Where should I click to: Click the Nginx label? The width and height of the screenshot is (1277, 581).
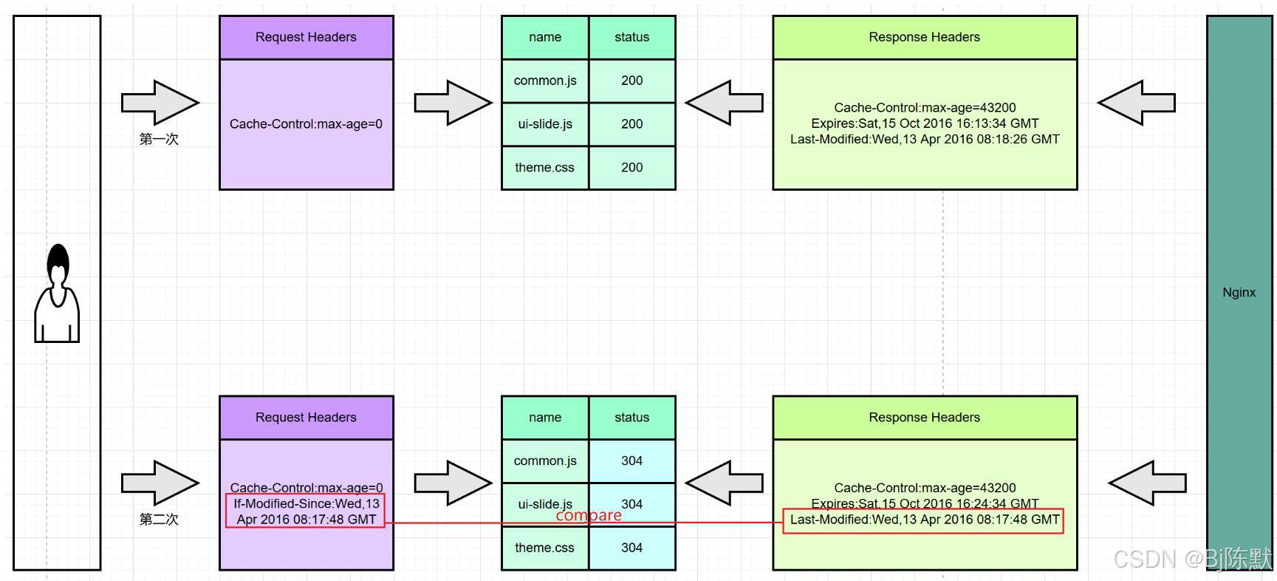point(1239,292)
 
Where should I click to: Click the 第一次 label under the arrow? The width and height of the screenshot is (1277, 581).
point(159,139)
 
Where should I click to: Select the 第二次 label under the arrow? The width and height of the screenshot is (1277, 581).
point(159,519)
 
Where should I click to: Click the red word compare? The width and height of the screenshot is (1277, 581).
point(589,515)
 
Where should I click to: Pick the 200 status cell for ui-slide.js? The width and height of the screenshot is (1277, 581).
point(631,124)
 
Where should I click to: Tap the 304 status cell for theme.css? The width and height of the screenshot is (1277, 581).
point(631,548)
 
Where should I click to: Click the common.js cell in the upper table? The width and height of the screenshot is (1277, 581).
point(545,81)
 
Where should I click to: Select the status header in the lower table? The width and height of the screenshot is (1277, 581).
point(631,417)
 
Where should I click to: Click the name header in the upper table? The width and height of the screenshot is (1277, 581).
point(545,37)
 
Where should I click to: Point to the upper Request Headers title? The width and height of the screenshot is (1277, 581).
point(306,37)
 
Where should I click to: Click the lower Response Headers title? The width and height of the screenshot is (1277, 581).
point(924,417)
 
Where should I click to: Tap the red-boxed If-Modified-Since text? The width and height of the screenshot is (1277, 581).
point(306,511)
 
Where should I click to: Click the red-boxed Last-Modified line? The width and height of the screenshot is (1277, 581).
point(924,520)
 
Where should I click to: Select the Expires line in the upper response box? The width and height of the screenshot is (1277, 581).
point(924,123)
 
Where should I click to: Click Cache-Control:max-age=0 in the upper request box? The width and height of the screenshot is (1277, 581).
point(306,124)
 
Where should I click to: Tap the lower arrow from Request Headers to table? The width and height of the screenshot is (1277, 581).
point(453,483)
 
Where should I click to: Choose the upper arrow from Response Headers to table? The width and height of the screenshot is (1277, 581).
point(725,103)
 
